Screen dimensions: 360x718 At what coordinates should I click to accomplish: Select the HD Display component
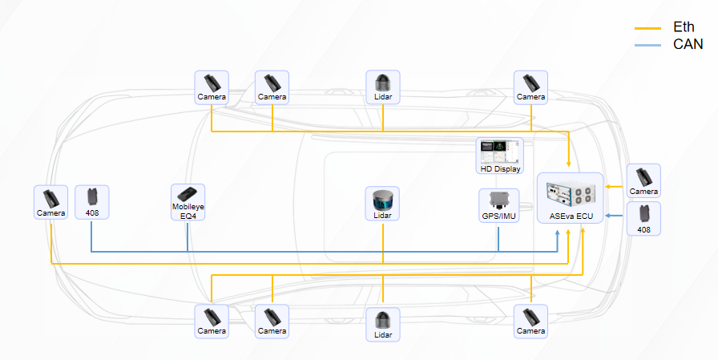500,156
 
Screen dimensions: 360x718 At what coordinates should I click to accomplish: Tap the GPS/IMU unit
498,206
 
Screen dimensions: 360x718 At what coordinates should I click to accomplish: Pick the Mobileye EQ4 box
188,203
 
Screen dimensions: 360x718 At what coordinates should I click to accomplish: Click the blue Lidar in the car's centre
383,205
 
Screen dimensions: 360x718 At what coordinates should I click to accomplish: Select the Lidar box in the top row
383,87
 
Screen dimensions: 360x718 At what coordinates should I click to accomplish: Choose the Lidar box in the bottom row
383,322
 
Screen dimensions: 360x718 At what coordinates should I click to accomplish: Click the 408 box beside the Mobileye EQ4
92,202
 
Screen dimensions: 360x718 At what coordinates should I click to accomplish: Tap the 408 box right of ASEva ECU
643,218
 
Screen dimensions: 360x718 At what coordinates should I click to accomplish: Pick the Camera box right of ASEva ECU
643,180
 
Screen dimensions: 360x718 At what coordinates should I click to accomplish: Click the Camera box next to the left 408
50,202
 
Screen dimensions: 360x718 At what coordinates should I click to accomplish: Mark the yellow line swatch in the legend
647,29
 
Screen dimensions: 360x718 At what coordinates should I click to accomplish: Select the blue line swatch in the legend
647,45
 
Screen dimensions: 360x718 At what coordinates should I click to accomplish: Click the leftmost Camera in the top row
212,87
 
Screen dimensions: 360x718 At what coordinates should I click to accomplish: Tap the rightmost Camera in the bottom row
530,320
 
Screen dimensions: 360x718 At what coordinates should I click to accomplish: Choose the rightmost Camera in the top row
530,87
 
